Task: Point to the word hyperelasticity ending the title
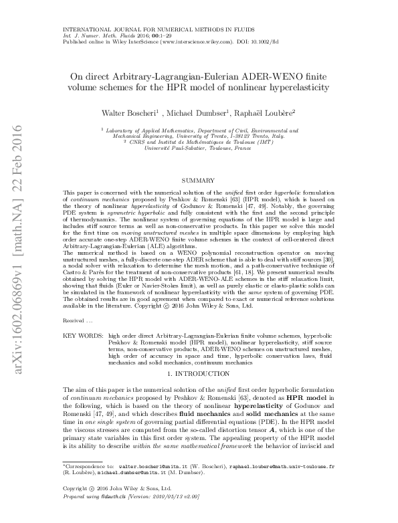pyautogui.click(x=291, y=88)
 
